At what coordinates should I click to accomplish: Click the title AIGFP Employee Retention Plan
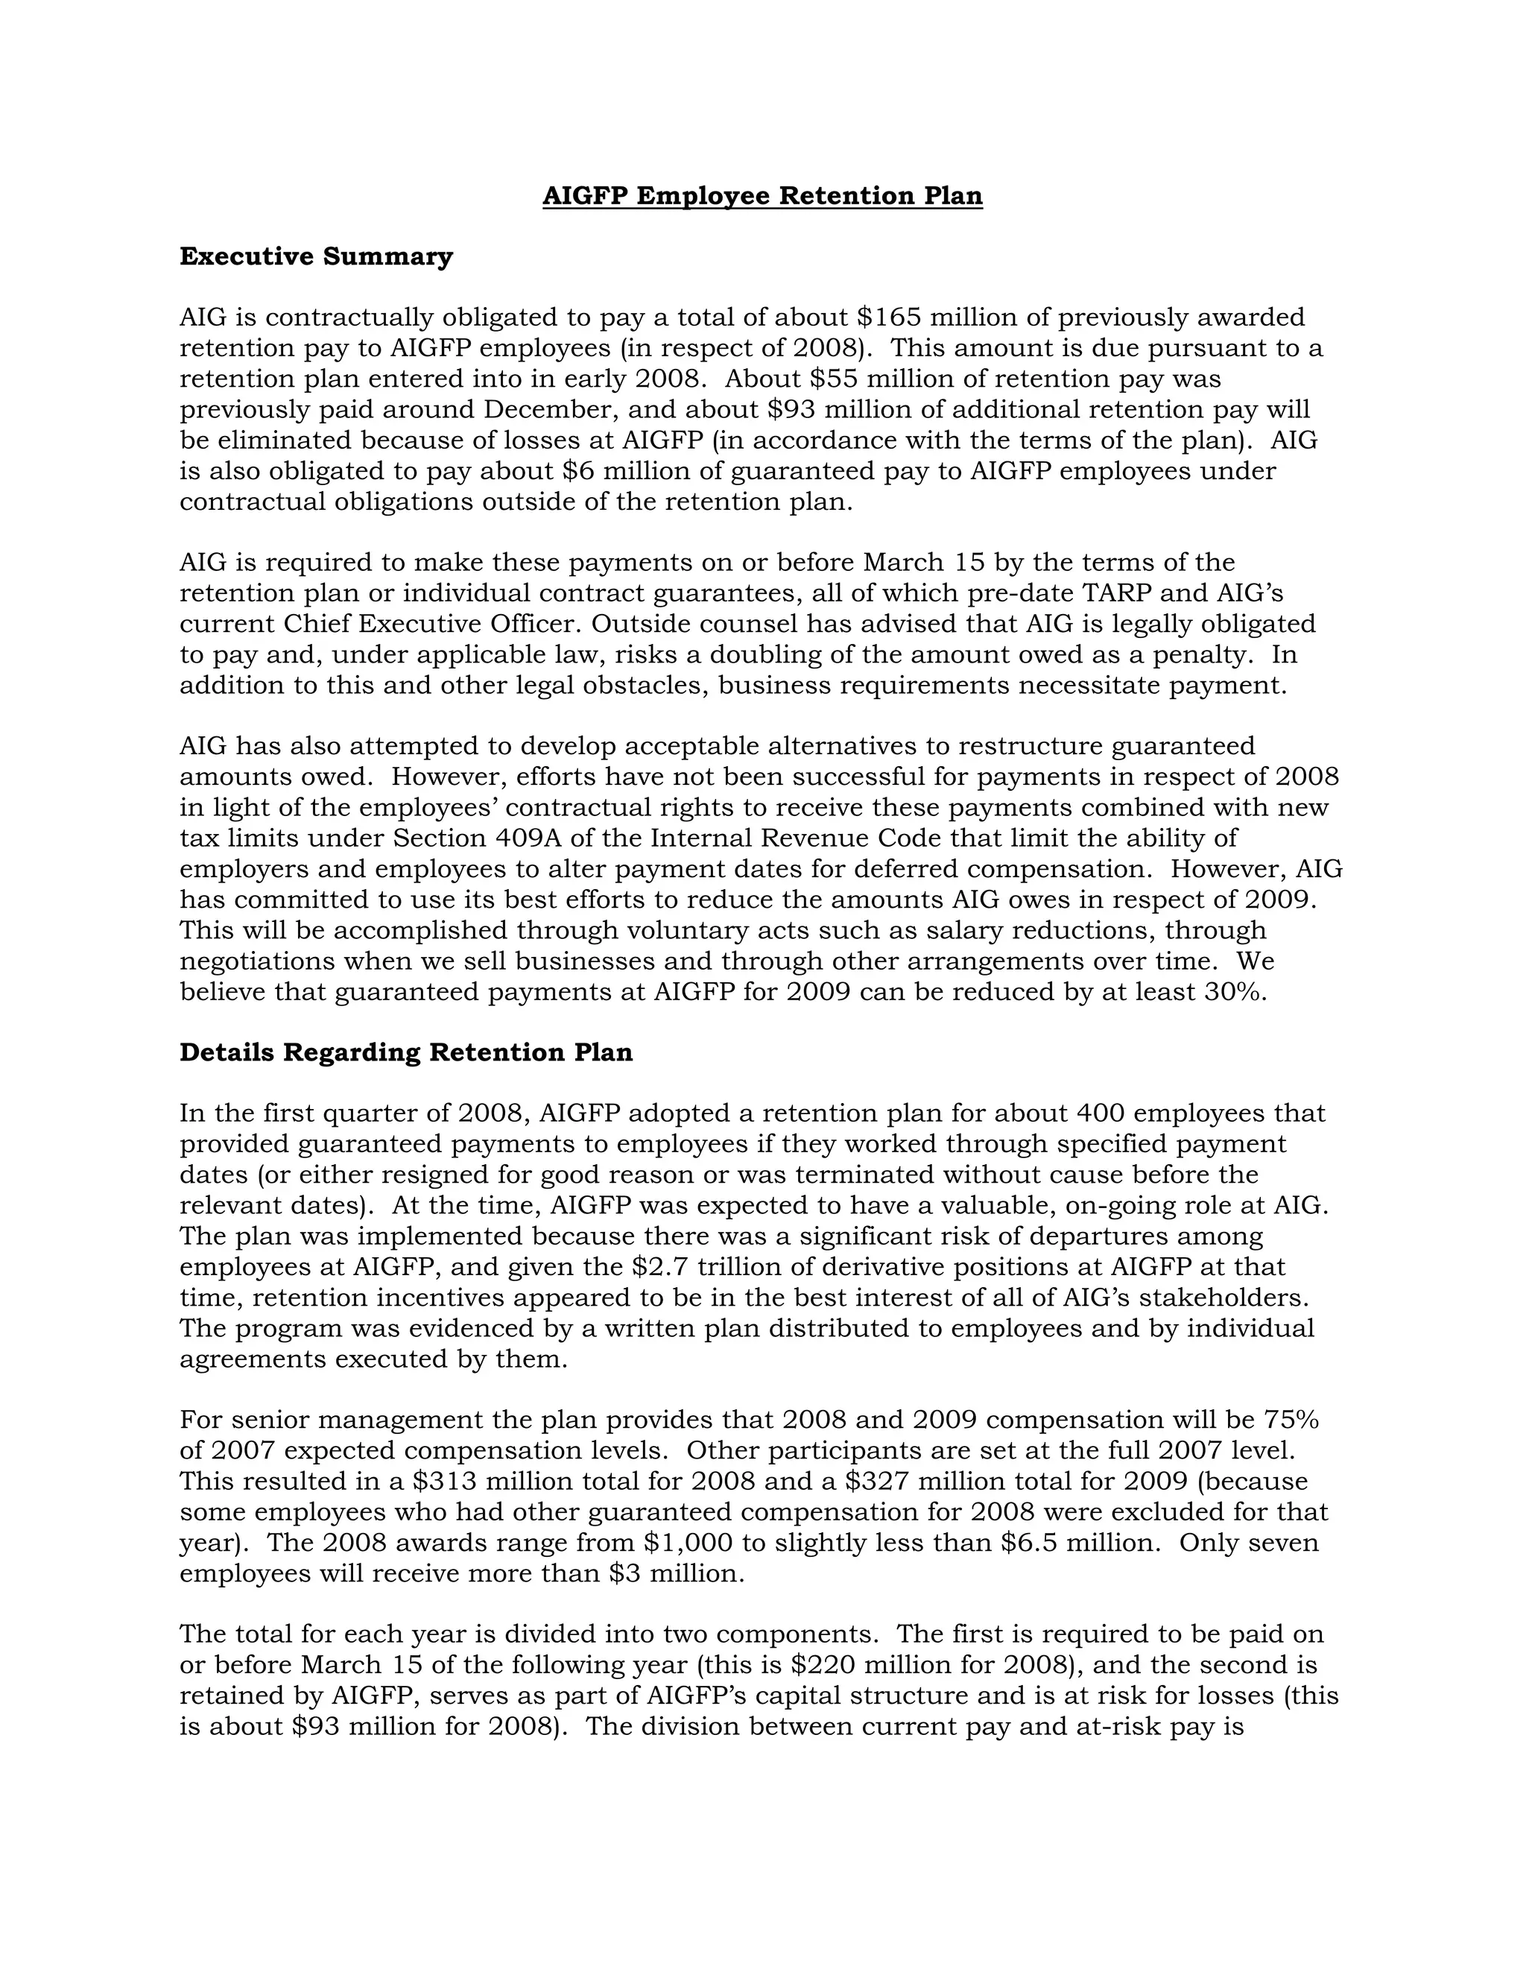pyautogui.click(x=762, y=196)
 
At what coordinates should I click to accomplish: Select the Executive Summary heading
pyautogui.click(x=315, y=257)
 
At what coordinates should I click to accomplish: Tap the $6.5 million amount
pyautogui.click(x=1080, y=1543)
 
